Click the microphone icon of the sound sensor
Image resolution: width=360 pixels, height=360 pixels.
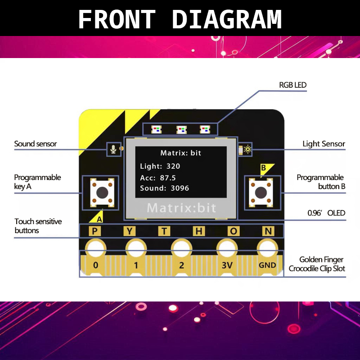[x=113, y=149]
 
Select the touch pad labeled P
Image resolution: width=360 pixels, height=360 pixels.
[x=95, y=231]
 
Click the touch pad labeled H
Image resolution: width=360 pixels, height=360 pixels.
[x=199, y=231]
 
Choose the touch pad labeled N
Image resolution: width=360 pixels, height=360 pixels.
[x=268, y=231]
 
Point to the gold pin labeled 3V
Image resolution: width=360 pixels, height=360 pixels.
[x=227, y=265]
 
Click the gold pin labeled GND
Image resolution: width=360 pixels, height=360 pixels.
[x=267, y=265]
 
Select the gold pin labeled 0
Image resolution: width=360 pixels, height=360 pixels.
[x=95, y=265]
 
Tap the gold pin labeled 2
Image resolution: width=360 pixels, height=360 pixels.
[x=181, y=265]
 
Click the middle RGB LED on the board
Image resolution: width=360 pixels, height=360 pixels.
[x=181, y=130]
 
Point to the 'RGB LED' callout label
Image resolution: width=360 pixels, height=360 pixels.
[x=293, y=85]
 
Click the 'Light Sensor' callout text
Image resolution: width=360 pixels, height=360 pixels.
[x=324, y=144]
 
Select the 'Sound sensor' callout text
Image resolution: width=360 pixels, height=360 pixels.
[x=36, y=144]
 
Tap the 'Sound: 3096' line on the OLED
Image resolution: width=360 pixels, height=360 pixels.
[x=165, y=188]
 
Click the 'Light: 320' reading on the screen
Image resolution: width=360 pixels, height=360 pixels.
[x=160, y=166]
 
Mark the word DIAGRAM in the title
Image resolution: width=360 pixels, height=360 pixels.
[x=227, y=19]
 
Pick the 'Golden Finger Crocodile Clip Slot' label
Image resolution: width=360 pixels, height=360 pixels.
[x=317, y=264]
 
